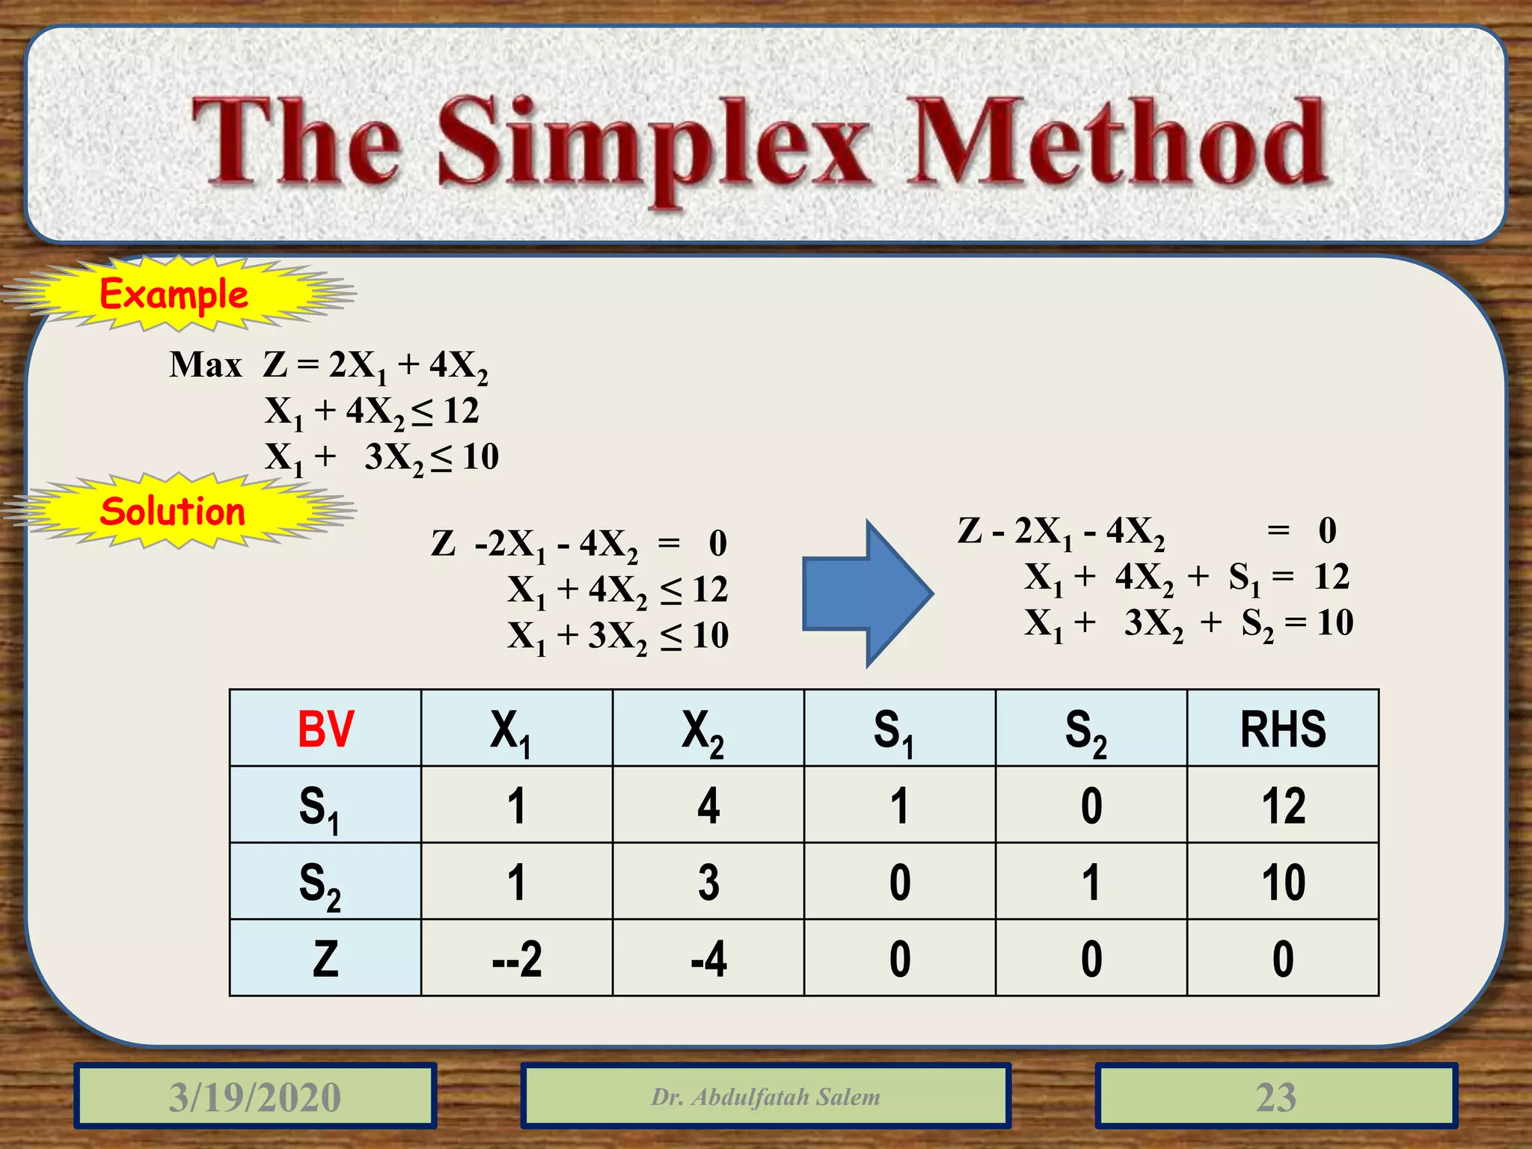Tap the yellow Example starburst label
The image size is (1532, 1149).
[174, 293]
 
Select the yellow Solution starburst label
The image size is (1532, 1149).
[174, 512]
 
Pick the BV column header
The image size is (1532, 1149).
[325, 729]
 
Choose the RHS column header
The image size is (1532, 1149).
[1282, 729]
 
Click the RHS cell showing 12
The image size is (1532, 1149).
[1282, 806]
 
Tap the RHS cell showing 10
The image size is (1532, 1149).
[1282, 882]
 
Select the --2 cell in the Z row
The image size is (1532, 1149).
[517, 958]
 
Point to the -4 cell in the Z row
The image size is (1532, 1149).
[708, 958]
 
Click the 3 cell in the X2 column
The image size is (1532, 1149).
[708, 882]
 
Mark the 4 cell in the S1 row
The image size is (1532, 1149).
[708, 806]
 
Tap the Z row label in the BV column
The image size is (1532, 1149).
[325, 958]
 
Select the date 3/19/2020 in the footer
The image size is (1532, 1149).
[255, 1097]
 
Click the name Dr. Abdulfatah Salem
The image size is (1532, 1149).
[765, 1097]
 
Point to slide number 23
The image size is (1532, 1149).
[1276, 1097]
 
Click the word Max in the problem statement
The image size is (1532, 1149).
[206, 365]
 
